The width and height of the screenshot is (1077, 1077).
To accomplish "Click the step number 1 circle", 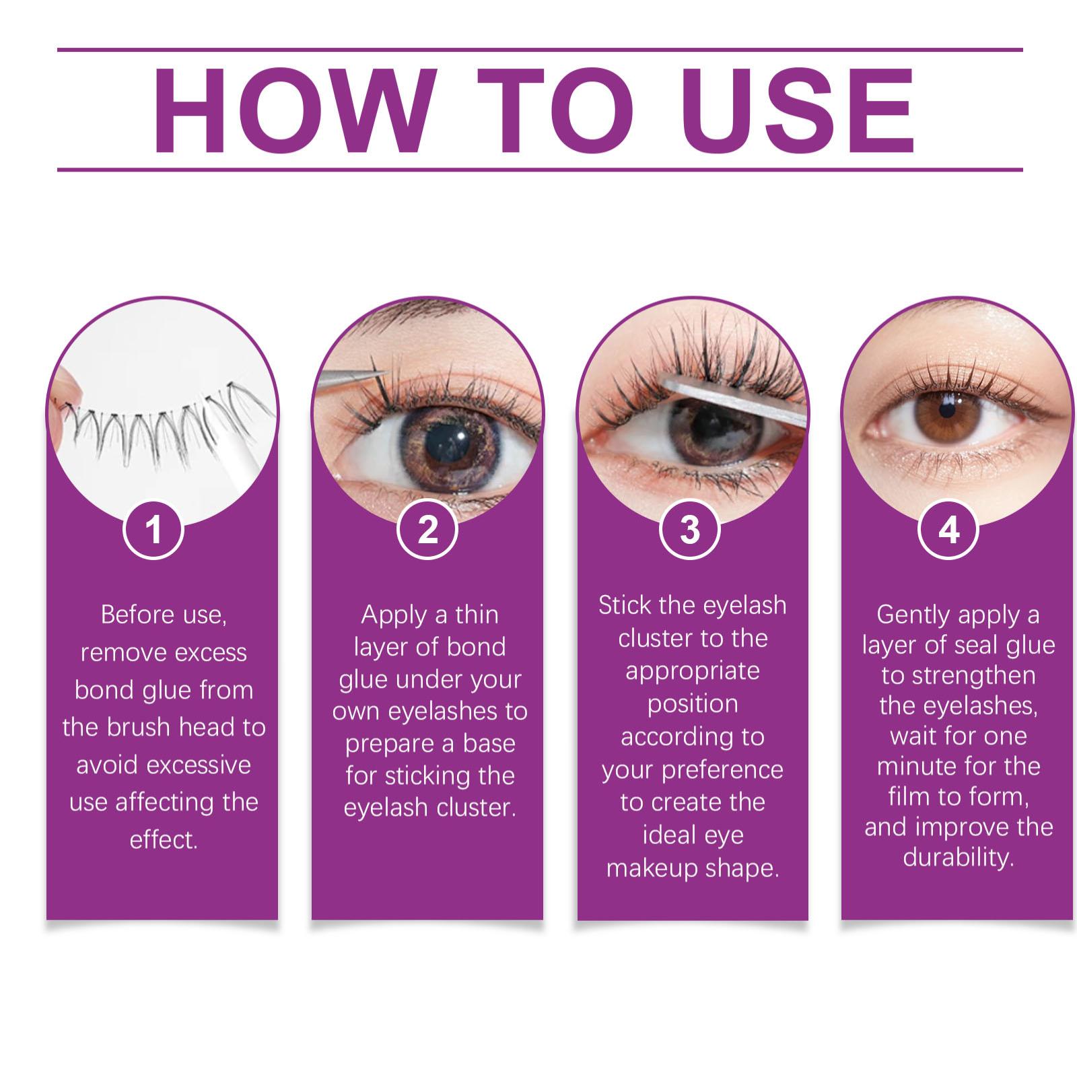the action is coord(154,528).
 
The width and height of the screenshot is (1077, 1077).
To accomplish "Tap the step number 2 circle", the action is coord(427,528).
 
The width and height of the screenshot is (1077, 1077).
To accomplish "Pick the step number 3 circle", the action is coord(690,528).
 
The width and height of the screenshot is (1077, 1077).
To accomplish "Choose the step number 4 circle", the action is coord(948,528).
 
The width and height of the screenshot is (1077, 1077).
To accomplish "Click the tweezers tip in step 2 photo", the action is coord(384,372).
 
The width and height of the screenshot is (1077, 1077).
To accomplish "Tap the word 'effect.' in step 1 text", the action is coord(164,839).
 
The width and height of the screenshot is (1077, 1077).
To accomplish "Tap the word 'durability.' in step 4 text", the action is coord(959,858).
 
